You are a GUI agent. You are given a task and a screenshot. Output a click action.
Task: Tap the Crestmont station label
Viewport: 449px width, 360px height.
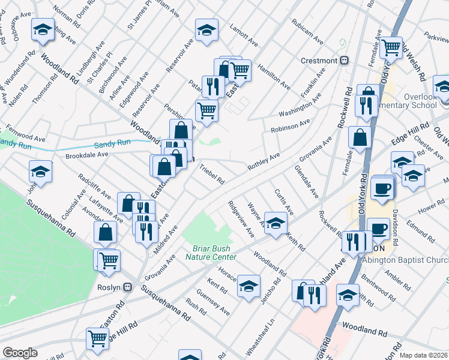(x=321, y=61)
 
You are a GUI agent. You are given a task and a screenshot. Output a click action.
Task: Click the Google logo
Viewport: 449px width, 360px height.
(x=20, y=353)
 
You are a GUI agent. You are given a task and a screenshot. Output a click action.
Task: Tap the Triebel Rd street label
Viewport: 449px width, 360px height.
(x=212, y=175)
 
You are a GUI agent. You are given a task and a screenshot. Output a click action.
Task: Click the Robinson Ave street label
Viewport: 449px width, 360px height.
(x=290, y=125)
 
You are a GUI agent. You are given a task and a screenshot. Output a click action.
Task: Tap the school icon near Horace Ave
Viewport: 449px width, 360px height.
(x=249, y=286)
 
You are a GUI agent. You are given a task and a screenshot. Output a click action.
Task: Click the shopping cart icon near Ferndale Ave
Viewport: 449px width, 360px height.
(x=391, y=46)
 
